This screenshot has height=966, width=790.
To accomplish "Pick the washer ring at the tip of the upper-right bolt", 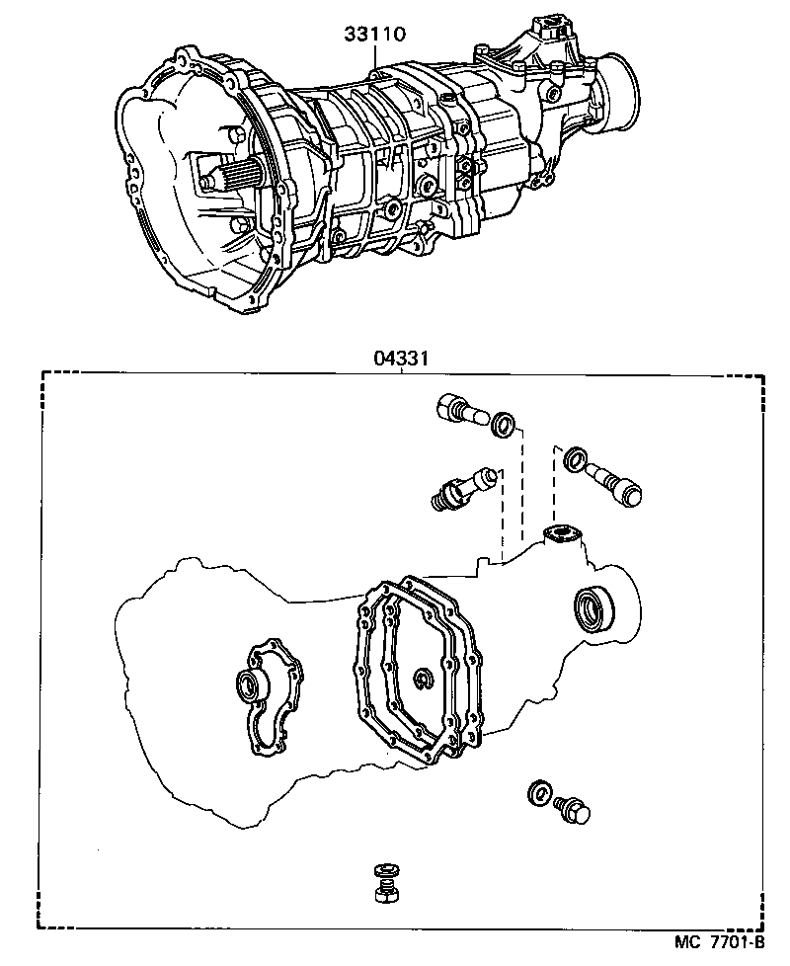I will click(x=572, y=459).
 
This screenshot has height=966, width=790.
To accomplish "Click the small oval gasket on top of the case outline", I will click(x=563, y=534).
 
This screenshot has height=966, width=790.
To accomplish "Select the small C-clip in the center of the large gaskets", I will click(x=423, y=677).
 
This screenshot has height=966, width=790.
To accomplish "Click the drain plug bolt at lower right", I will click(x=572, y=809).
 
